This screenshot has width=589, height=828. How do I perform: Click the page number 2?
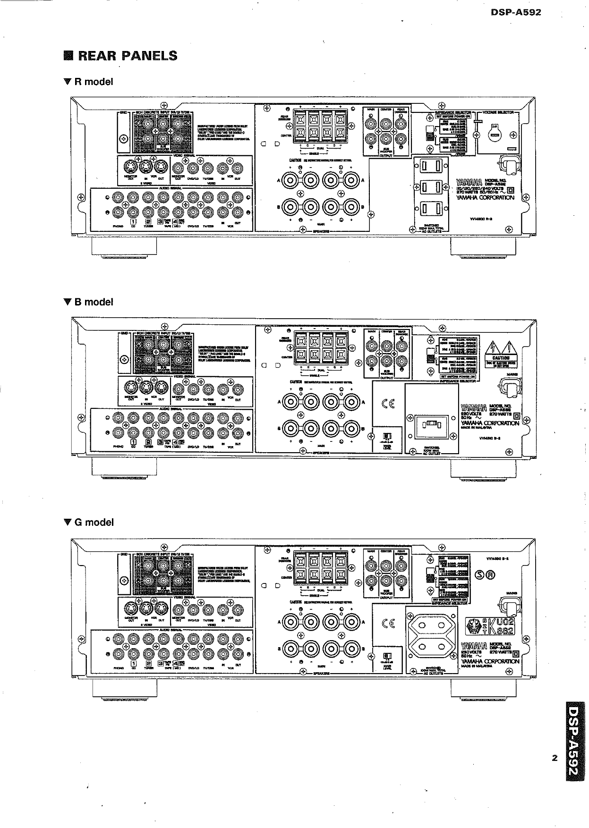click(x=555, y=759)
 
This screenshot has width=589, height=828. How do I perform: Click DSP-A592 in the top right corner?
click(x=516, y=13)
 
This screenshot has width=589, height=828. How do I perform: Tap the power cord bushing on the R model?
click(x=509, y=164)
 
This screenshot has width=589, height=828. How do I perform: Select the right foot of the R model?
click(x=482, y=248)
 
